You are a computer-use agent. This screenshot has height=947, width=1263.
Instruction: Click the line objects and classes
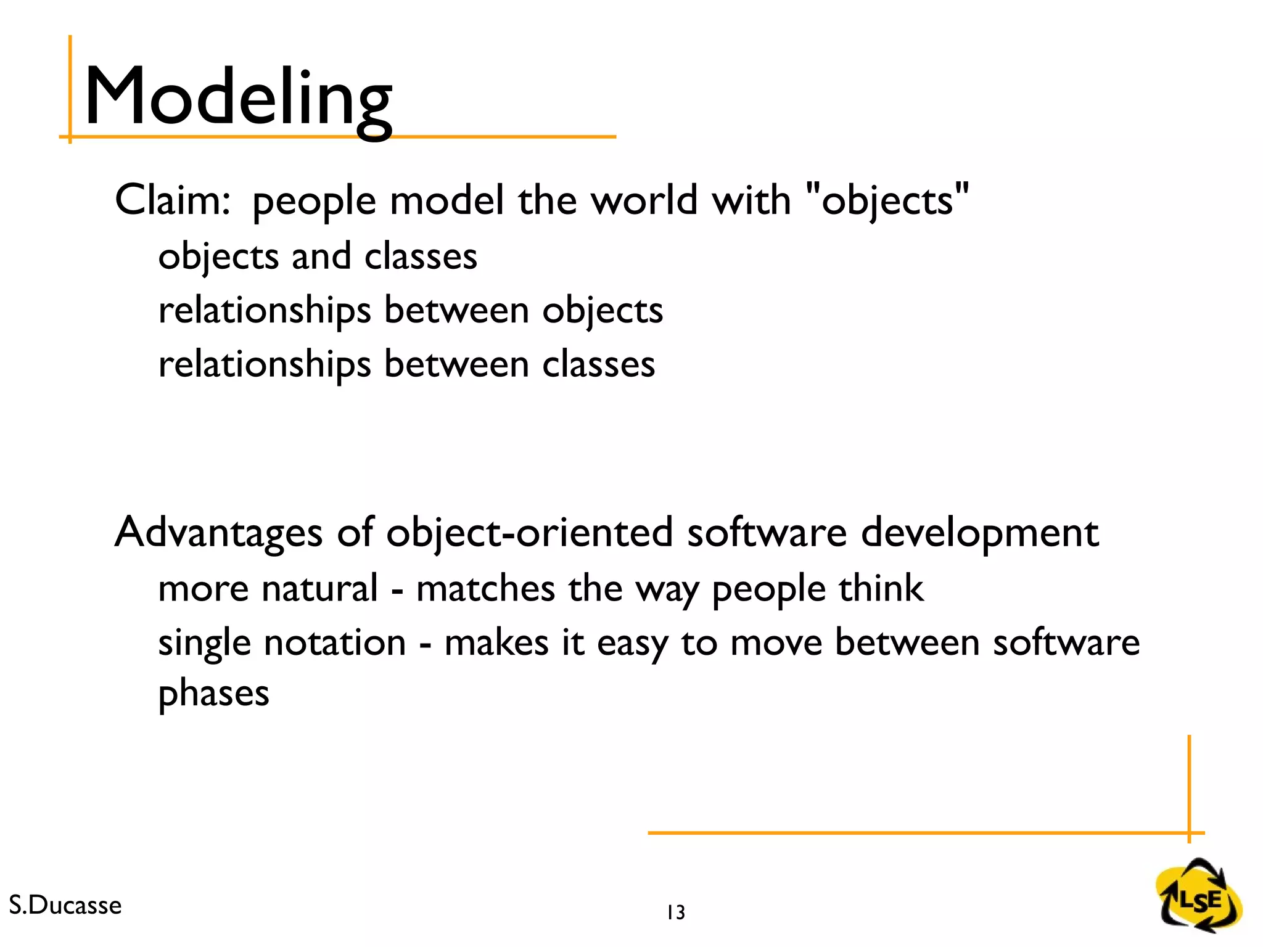point(318,256)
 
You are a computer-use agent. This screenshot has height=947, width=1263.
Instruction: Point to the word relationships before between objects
point(265,310)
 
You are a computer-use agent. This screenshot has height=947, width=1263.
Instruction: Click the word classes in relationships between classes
point(598,364)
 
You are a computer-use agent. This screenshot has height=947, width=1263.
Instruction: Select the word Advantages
point(218,532)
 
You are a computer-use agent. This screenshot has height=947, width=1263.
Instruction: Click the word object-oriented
point(529,532)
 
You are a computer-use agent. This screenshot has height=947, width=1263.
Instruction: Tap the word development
point(979,532)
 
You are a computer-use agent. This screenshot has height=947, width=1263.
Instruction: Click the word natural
point(319,588)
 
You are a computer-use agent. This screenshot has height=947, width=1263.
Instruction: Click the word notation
point(335,642)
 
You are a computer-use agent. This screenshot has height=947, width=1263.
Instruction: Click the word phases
point(213,694)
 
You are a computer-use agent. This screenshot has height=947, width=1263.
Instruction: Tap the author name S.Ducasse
point(65,905)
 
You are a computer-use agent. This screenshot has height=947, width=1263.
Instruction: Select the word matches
point(485,588)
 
